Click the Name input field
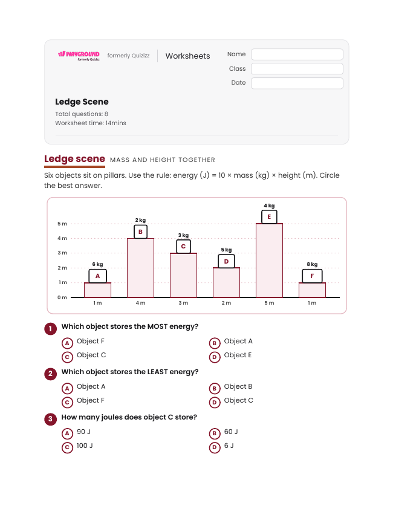(297, 54)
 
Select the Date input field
(297, 83)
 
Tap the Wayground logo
(79, 56)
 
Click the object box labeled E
(269, 217)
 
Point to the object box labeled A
(97, 276)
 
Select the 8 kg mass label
(312, 264)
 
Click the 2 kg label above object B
(140, 220)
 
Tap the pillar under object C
(184, 275)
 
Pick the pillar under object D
(226, 282)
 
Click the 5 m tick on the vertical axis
(62, 224)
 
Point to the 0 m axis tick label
(62, 297)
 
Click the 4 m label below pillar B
(140, 303)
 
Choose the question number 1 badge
(50, 329)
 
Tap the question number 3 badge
(50, 419)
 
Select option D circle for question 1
(215, 357)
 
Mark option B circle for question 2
(215, 389)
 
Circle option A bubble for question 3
(67, 433)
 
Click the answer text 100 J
(85, 446)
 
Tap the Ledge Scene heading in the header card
(82, 102)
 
